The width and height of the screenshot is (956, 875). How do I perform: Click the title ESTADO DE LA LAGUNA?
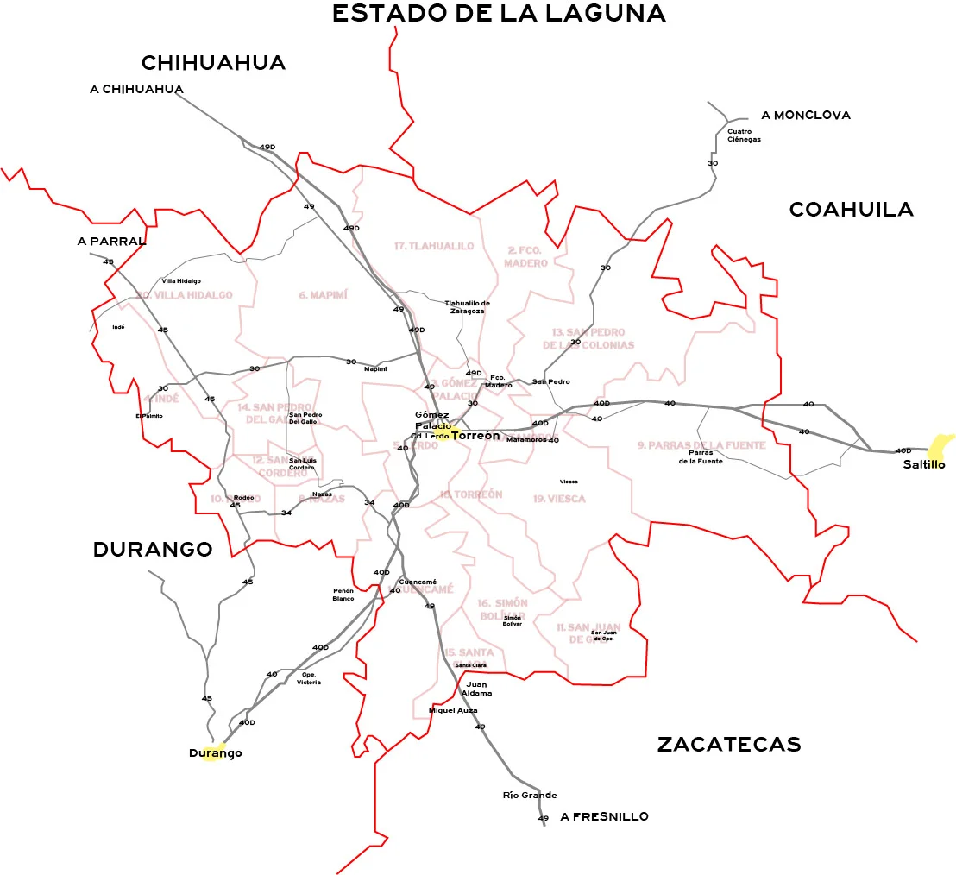(x=499, y=14)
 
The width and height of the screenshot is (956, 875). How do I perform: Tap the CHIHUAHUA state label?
(x=213, y=63)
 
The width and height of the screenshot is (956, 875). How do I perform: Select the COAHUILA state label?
(x=851, y=210)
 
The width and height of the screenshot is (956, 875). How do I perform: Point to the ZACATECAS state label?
(x=729, y=744)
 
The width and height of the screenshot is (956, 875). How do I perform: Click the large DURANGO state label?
(x=153, y=550)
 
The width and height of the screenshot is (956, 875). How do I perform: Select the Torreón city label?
(x=475, y=436)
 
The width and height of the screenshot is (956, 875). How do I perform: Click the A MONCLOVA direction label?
(x=806, y=115)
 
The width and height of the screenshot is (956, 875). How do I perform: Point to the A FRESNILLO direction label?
(x=604, y=816)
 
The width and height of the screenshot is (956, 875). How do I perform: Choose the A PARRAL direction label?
(x=111, y=242)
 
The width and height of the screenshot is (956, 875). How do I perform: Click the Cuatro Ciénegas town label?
(x=744, y=135)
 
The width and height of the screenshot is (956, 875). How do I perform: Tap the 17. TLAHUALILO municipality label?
(x=434, y=246)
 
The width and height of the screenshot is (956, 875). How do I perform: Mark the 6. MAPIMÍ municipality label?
(x=323, y=295)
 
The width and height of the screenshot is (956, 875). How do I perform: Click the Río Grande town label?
(x=530, y=795)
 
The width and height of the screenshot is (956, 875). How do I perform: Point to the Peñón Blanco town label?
(x=343, y=595)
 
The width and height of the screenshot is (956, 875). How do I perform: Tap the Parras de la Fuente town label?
(x=706, y=456)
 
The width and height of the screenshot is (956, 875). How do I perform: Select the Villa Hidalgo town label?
(x=181, y=281)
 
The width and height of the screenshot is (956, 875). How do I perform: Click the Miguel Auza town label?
(x=453, y=710)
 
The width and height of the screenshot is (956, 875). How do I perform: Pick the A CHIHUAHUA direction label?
(x=136, y=89)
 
